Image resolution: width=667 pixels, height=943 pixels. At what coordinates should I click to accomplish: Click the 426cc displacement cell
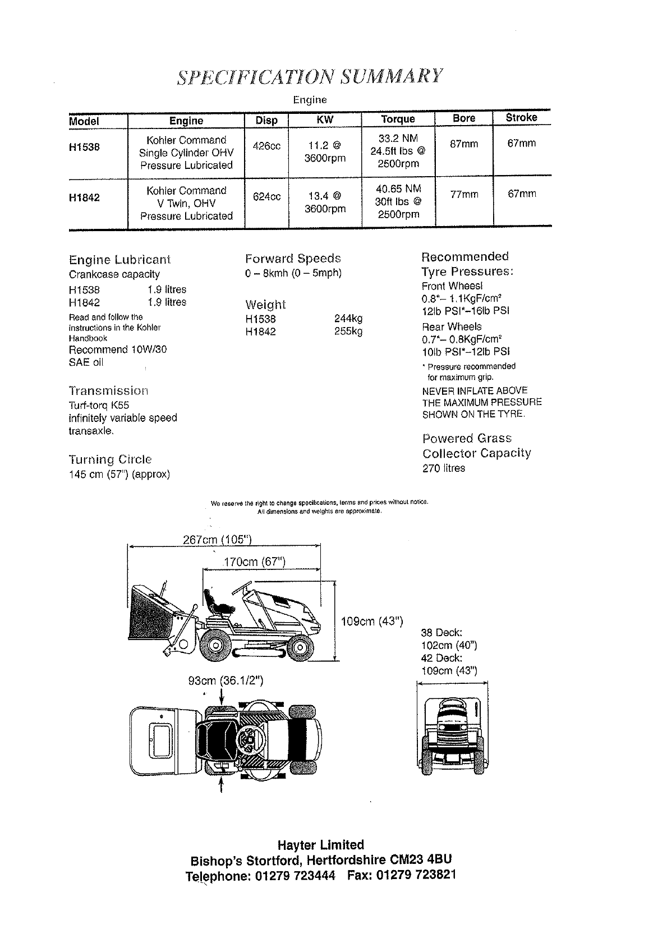tap(266, 146)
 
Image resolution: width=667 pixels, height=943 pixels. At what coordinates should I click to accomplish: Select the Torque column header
tap(398, 119)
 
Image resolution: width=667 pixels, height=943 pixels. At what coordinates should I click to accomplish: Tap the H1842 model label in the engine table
tap(84, 197)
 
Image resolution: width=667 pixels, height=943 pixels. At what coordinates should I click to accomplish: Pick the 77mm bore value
tap(464, 195)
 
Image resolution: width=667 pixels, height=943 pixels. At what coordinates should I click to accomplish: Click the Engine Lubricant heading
tap(119, 260)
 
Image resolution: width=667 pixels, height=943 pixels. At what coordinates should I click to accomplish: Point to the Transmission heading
tap(109, 390)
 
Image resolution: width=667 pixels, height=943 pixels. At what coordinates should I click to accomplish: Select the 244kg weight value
tap(348, 319)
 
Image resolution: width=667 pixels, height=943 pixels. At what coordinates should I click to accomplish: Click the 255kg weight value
tap(348, 332)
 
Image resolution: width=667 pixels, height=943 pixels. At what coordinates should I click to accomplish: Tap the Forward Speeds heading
tap(293, 259)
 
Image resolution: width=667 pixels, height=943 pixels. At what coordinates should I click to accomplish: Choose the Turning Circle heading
tap(110, 459)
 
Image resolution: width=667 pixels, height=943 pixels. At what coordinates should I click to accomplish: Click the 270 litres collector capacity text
tap(443, 468)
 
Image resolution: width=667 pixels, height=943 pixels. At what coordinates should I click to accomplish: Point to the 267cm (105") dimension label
tap(217, 540)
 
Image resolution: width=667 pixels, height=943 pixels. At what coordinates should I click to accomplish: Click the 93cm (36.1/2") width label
tap(226, 681)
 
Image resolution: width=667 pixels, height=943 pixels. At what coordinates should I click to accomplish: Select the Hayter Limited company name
tap(320, 845)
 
